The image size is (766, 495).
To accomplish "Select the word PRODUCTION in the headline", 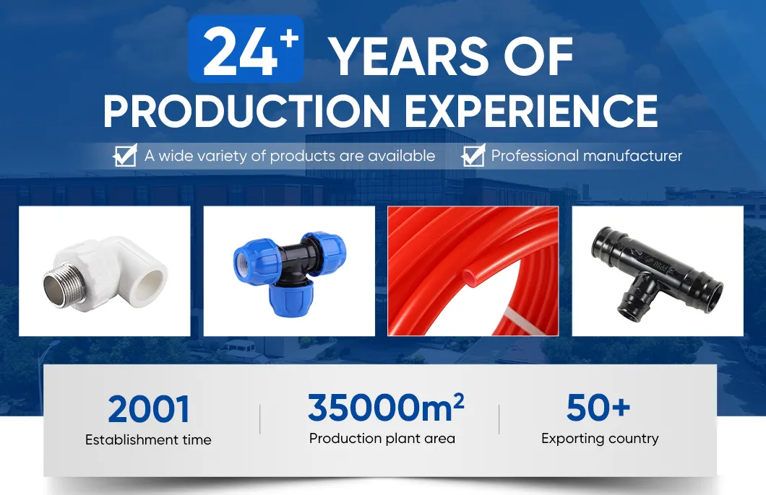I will [246, 111].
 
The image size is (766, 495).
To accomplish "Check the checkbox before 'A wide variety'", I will [126, 155].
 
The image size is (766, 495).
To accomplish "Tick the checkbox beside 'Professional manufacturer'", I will [473, 155].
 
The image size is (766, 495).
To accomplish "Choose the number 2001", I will [149, 410].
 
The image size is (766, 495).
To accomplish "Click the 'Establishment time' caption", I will [148, 439].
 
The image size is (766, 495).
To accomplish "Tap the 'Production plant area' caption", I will [382, 438].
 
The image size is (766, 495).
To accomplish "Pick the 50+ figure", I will [598, 408].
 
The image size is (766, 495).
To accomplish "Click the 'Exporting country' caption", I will [600, 438].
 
